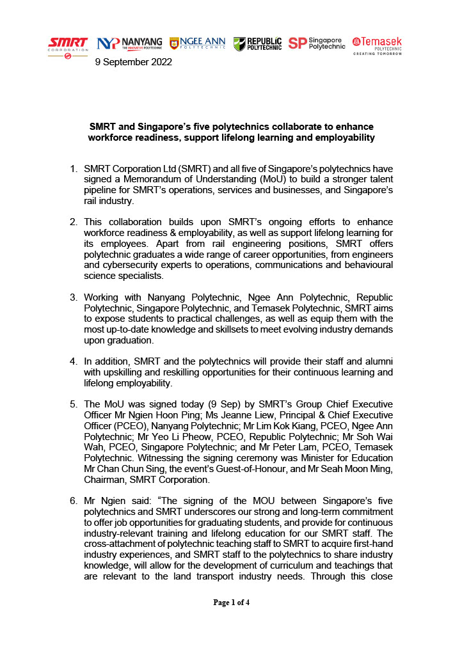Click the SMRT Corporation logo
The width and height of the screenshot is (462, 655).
click(68, 47)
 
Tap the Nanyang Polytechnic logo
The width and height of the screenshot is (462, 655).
click(129, 43)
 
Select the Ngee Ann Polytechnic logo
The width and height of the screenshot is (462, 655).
click(197, 43)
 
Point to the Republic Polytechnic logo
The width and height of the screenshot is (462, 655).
click(257, 43)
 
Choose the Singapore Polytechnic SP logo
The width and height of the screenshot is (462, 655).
click(316, 43)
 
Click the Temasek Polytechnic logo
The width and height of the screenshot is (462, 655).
click(377, 45)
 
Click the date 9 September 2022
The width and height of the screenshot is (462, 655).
click(133, 62)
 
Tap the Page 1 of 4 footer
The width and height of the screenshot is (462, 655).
click(231, 602)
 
